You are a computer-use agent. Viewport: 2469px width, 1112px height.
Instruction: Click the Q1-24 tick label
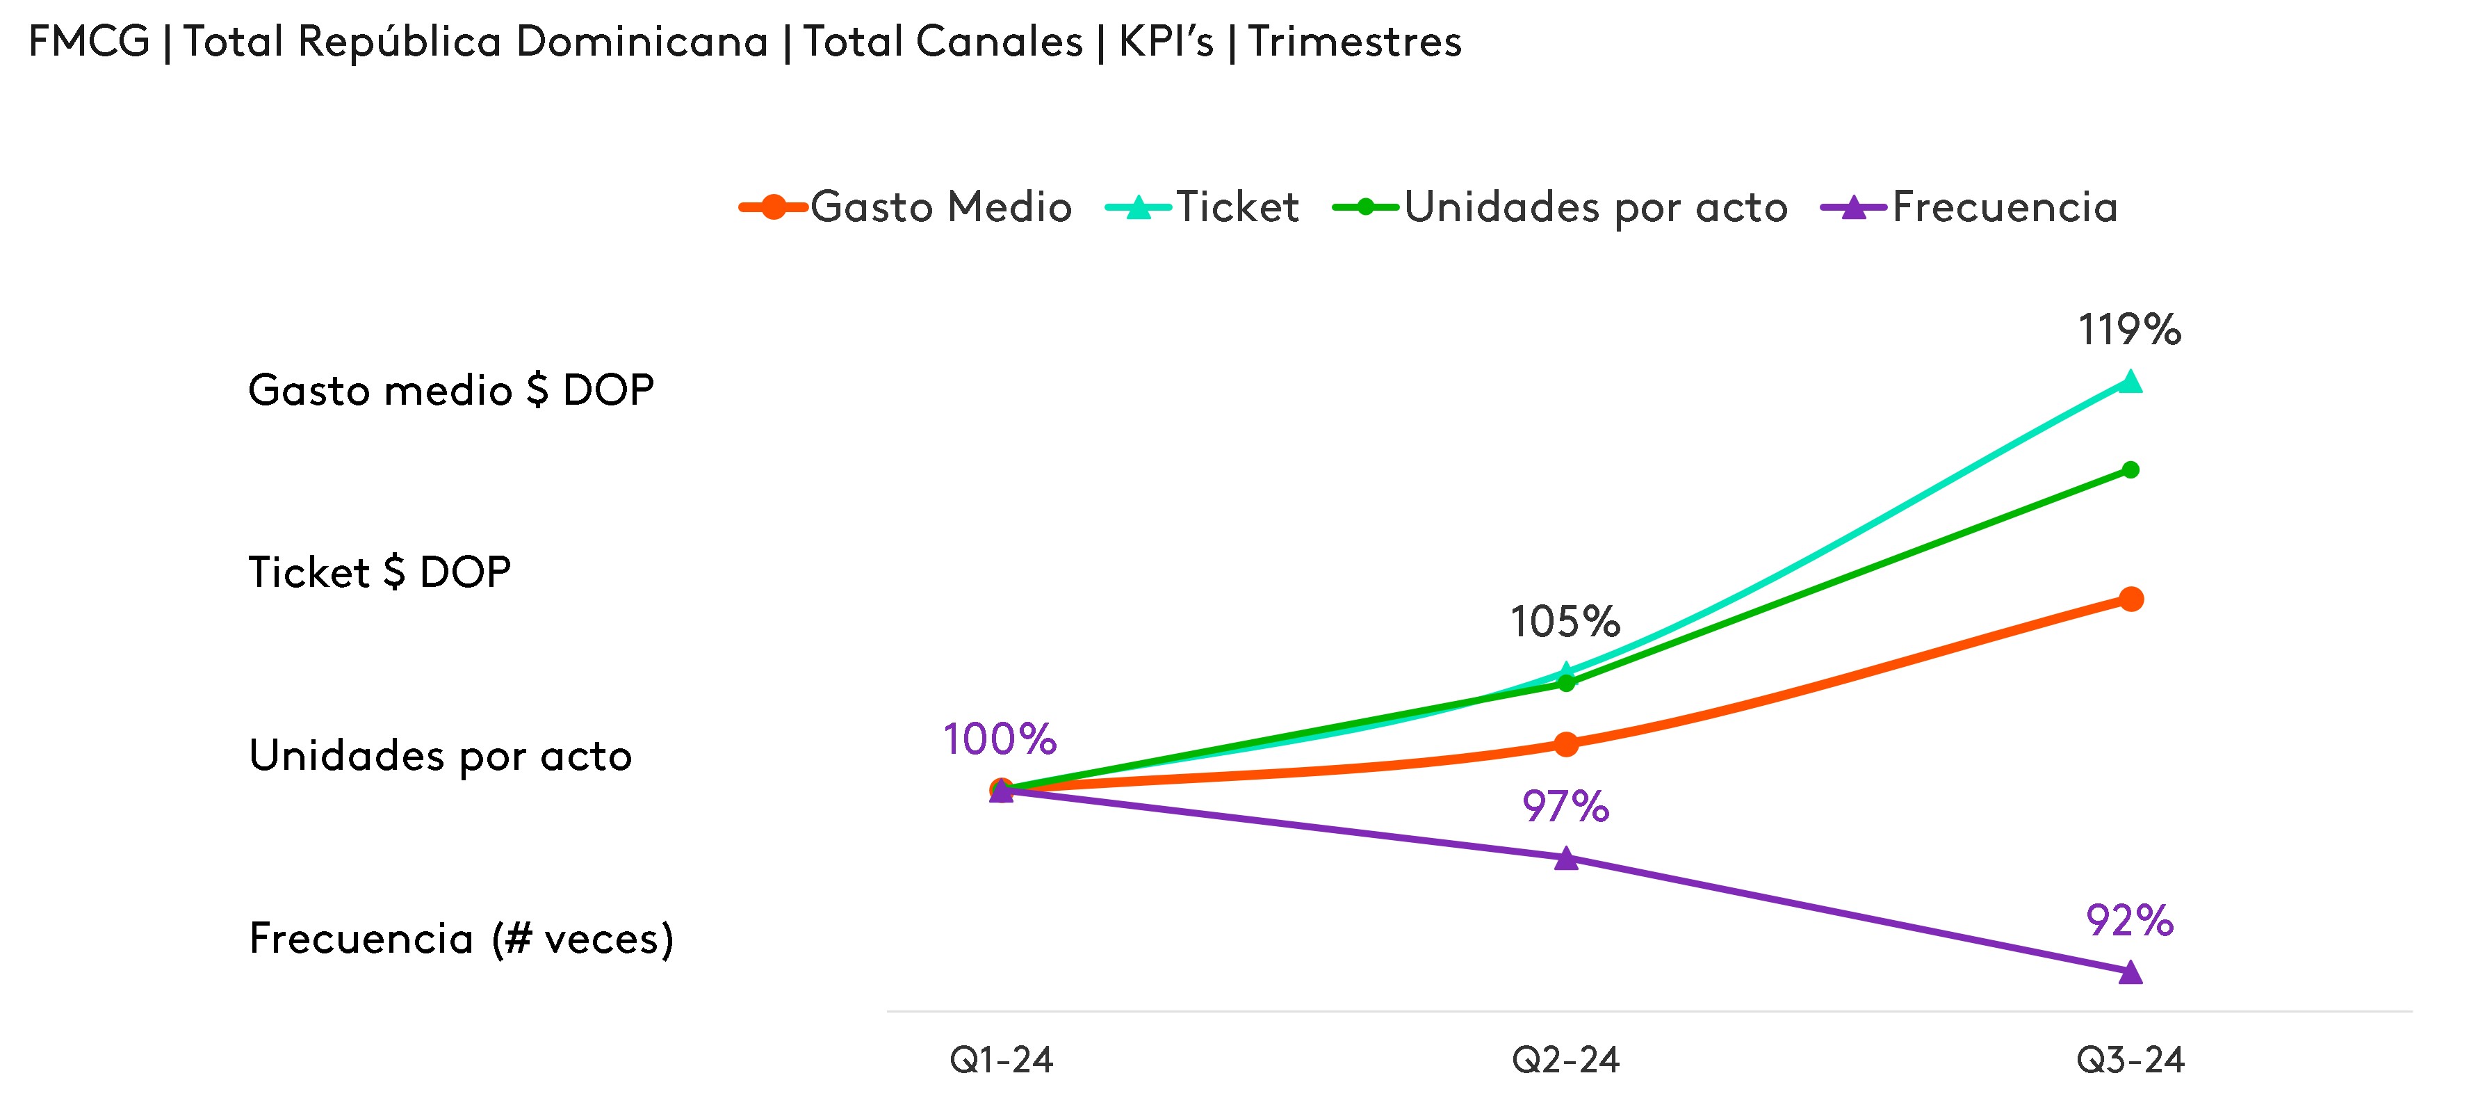pos(1001,1061)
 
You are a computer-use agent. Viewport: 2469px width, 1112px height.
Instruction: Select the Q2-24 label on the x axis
pos(1565,1061)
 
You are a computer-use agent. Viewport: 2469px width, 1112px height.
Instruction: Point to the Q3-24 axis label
pos(2130,1061)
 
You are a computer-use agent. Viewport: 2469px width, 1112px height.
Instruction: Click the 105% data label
pos(1565,622)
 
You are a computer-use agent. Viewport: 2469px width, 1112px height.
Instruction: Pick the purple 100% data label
pos(1000,739)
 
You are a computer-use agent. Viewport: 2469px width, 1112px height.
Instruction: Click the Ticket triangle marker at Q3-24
pos(2130,382)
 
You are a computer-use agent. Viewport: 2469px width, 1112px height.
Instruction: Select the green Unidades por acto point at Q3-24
pos(2130,469)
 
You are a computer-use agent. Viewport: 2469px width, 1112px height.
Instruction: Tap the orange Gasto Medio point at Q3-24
pos(2130,599)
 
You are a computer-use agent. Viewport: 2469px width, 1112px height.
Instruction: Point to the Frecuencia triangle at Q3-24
pos(2130,973)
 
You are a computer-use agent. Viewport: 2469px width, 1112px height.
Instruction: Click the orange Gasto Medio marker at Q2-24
pos(1565,744)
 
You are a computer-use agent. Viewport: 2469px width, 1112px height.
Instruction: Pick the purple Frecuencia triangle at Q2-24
pos(1565,859)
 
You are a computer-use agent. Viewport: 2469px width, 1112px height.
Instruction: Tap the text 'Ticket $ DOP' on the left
pos(380,572)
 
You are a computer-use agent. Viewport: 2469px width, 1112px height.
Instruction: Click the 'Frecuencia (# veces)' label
pos(461,939)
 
